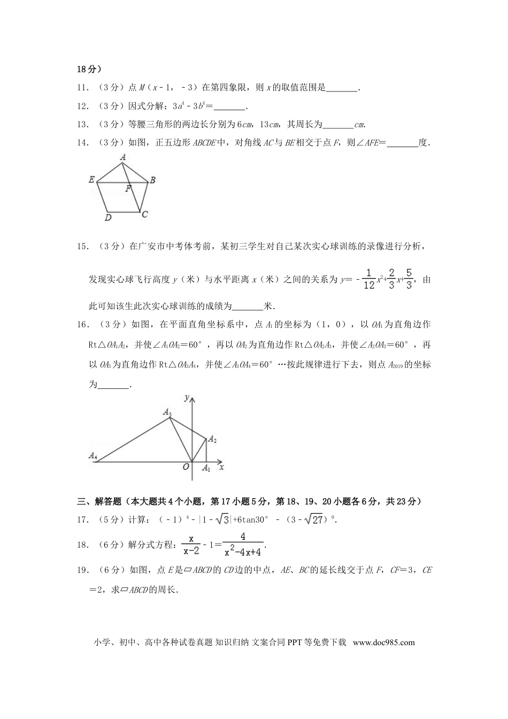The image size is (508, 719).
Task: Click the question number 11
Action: tap(82, 87)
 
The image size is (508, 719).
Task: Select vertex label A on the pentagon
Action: tap(123, 157)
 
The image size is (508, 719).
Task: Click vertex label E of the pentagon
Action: tap(91, 180)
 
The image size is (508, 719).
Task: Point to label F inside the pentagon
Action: tap(128, 189)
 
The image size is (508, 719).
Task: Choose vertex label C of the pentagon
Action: tap(144, 215)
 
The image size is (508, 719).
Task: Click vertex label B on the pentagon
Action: tap(152, 180)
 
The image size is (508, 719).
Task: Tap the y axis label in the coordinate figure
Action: tap(186, 397)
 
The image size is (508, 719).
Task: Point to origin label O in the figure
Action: tap(186, 466)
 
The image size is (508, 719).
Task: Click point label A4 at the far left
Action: tap(93, 456)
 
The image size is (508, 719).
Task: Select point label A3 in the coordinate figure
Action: tap(167, 412)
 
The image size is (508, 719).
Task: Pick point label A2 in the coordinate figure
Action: tap(212, 439)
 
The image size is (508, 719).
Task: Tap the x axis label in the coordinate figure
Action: tap(221, 467)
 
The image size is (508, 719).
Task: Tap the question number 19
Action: tap(82, 570)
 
